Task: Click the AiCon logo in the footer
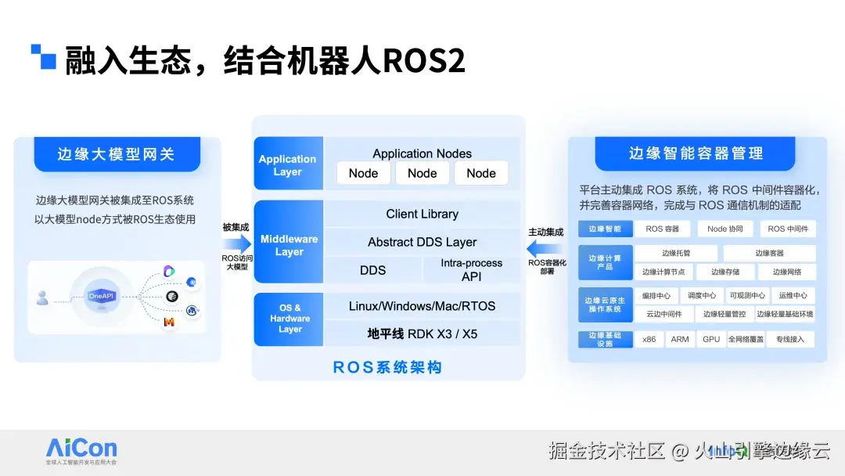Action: (81, 449)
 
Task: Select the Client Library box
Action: (422, 214)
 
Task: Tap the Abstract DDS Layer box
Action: (422, 242)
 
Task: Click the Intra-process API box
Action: (471, 270)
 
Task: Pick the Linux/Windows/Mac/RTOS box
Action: (422, 306)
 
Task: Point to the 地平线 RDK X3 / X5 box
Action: (422, 334)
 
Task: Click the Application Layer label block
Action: (288, 164)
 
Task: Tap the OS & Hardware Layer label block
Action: (289, 319)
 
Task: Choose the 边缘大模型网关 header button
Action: (117, 154)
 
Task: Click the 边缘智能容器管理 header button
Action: (696, 153)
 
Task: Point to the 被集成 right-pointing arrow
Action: (236, 244)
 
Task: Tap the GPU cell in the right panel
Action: (711, 339)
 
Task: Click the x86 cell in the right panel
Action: (649, 339)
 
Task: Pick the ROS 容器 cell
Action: (662, 229)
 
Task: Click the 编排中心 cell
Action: (656, 296)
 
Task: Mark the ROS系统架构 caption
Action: (387, 367)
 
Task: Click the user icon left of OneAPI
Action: (42, 297)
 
